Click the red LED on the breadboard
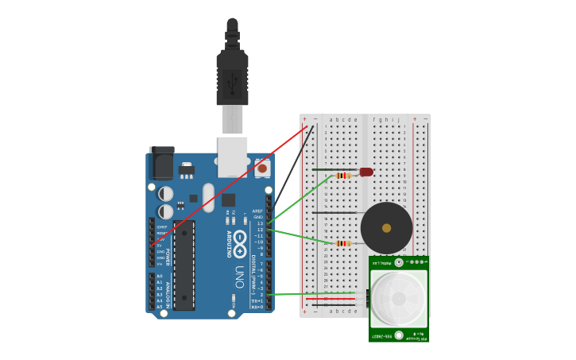click(x=365, y=172)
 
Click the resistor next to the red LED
click(x=343, y=176)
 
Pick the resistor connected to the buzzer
click(x=343, y=243)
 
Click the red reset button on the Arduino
click(x=262, y=168)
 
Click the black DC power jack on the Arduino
click(x=162, y=165)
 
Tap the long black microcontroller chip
click(x=184, y=265)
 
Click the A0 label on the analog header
click(x=160, y=277)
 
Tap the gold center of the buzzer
click(x=387, y=228)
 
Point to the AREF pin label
click(x=257, y=211)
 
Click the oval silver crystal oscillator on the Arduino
click(x=208, y=197)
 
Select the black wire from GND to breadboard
click(x=291, y=171)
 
